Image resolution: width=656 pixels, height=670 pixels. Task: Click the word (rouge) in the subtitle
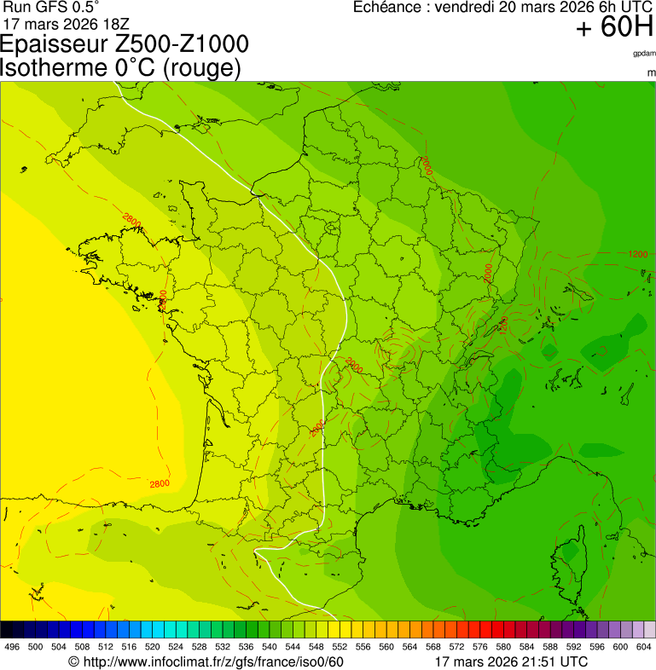point(201,68)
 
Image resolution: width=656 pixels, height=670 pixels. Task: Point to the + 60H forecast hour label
point(613,28)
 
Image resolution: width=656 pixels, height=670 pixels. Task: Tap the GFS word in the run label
point(44,7)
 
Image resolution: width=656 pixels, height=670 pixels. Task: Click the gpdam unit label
point(644,53)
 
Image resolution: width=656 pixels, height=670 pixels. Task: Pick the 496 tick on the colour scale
point(12,647)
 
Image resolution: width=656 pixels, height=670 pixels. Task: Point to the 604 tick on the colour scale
point(644,647)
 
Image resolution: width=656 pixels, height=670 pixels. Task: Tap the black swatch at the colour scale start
point(7,630)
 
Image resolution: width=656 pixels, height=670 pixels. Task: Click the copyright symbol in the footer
point(73,661)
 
